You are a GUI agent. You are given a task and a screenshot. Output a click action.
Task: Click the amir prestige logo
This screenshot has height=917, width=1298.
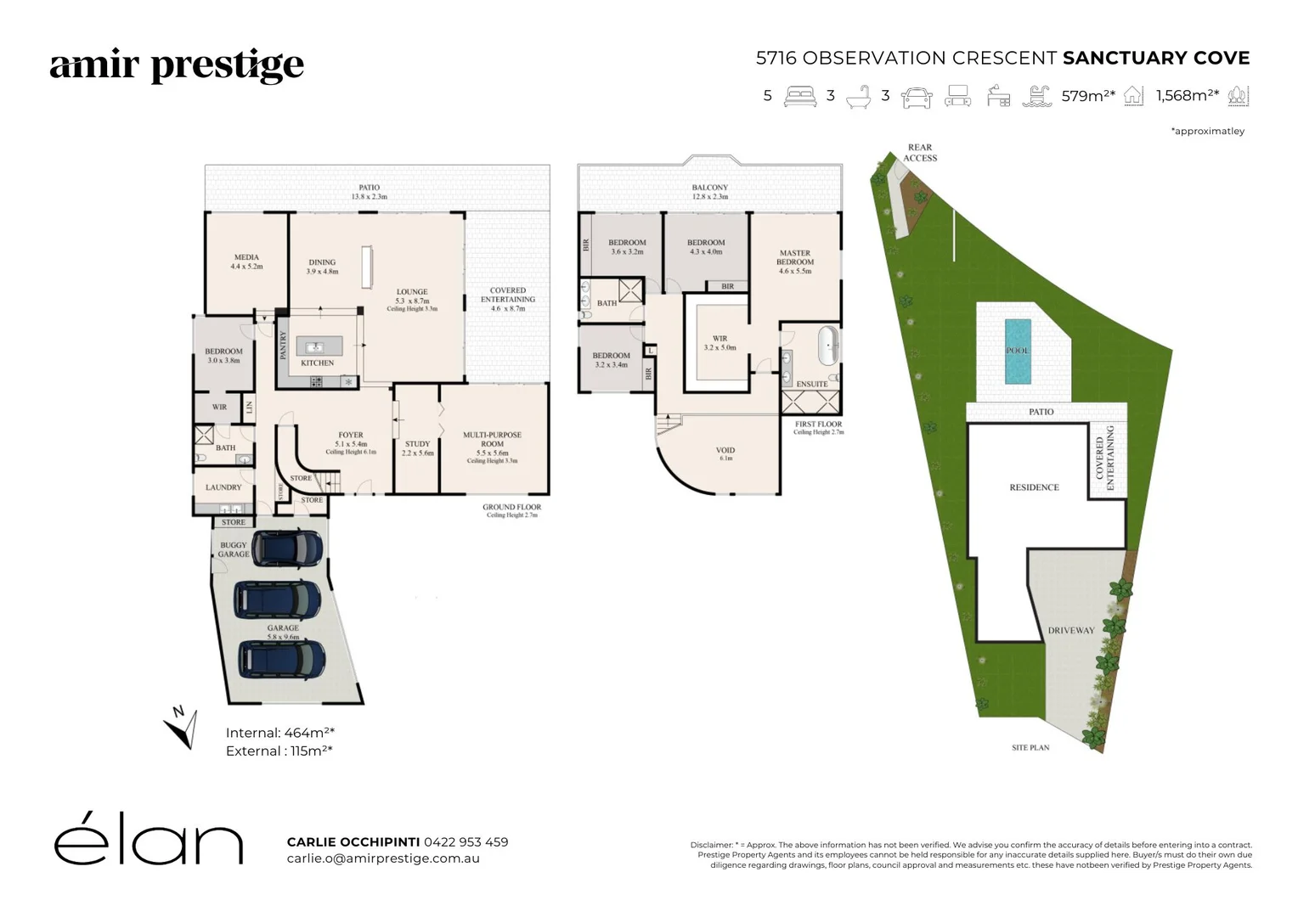(177, 66)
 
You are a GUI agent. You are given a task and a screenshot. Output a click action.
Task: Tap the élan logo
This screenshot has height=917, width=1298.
(149, 843)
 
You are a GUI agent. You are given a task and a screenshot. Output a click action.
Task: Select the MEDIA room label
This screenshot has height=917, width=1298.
(246, 257)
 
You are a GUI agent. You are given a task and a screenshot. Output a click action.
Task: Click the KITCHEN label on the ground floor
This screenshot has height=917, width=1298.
(318, 363)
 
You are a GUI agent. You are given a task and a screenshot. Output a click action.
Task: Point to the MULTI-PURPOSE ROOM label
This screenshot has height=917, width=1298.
(493, 439)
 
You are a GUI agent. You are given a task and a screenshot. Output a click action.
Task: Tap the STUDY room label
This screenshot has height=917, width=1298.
(417, 444)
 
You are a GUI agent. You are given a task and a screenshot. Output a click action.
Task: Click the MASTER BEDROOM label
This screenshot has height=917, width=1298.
(795, 257)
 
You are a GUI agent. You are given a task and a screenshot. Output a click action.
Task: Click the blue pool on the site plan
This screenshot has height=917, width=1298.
(1017, 351)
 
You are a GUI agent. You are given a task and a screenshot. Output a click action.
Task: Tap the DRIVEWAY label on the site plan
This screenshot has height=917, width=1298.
(1070, 631)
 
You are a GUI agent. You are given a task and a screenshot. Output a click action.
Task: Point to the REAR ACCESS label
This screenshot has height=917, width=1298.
(920, 153)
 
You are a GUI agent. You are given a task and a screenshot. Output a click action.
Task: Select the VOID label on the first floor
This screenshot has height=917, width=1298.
(725, 451)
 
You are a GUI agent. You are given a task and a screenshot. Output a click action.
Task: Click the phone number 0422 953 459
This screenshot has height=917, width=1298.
(466, 842)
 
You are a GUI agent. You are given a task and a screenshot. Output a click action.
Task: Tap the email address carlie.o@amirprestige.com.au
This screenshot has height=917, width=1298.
(383, 858)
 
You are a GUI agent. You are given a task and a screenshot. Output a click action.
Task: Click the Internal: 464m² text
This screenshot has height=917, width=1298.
(280, 733)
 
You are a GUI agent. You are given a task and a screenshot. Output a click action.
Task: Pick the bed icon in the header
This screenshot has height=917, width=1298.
(799, 96)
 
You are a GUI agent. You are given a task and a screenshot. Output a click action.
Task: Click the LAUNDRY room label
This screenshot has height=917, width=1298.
(223, 487)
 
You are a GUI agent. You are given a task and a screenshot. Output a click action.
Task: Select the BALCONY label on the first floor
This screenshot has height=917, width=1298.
(710, 188)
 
